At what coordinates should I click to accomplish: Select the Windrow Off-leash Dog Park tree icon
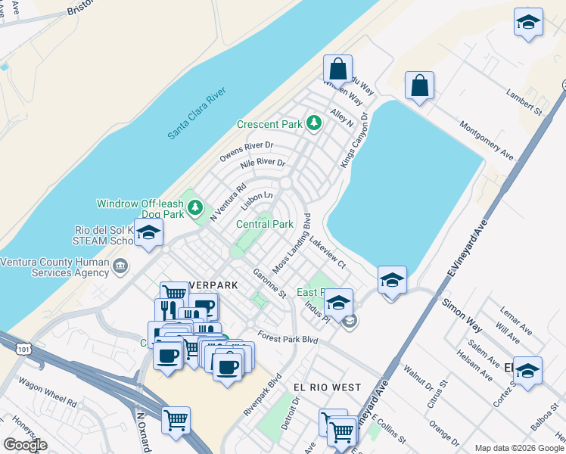[196, 207]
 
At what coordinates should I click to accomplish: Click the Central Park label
[265, 224]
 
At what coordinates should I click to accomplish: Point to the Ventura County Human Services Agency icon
[120, 266]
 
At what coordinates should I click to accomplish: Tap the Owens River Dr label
[246, 151]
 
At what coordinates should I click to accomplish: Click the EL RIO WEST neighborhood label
[327, 387]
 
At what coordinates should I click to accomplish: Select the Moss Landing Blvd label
[293, 243]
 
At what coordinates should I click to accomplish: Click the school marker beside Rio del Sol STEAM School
[149, 234]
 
